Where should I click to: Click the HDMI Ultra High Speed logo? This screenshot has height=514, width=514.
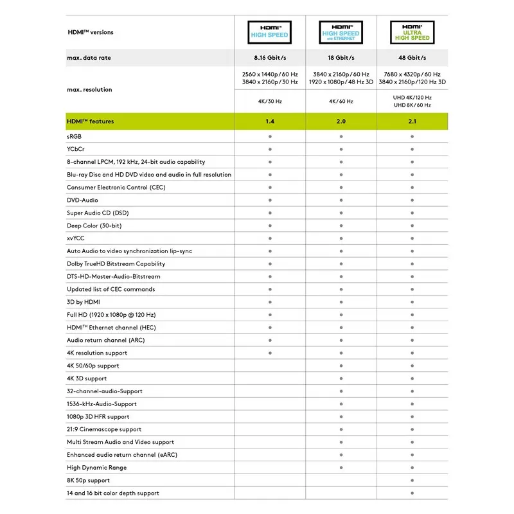412,32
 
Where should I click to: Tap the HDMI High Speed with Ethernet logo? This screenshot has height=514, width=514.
341,32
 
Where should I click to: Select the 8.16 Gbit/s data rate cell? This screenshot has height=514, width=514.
270,58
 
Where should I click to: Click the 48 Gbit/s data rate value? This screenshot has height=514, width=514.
412,58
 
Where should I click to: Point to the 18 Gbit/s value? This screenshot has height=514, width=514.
341,58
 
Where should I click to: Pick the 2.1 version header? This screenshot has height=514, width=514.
412,121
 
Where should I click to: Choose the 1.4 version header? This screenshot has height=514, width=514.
270,121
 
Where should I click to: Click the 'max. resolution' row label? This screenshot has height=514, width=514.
89,89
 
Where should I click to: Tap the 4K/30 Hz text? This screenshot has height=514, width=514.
270,102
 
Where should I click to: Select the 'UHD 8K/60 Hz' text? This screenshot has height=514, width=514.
412,105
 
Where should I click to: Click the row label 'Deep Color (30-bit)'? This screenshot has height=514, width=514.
94,226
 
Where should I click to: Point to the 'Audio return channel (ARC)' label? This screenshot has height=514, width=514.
105,340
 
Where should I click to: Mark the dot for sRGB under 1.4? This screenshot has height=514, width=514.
270,136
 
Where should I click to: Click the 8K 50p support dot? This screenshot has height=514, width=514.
412,480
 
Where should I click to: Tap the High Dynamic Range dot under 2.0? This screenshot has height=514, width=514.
341,467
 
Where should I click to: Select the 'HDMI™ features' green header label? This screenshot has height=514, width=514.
91,121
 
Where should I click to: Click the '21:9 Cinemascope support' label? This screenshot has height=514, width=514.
104,429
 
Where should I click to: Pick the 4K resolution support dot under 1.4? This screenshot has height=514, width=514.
270,353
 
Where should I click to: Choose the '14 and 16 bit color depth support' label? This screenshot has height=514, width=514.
113,493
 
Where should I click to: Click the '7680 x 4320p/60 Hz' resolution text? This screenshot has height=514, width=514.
412,74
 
